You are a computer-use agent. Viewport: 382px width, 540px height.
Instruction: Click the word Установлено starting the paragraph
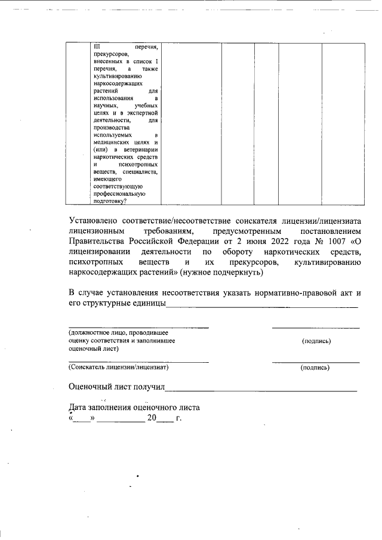point(97,221)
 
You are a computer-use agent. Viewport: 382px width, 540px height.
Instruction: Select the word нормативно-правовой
point(295,292)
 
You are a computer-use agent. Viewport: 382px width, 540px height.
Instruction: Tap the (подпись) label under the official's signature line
point(316,341)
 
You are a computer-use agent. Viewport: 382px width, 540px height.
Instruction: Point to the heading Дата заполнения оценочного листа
point(134,408)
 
